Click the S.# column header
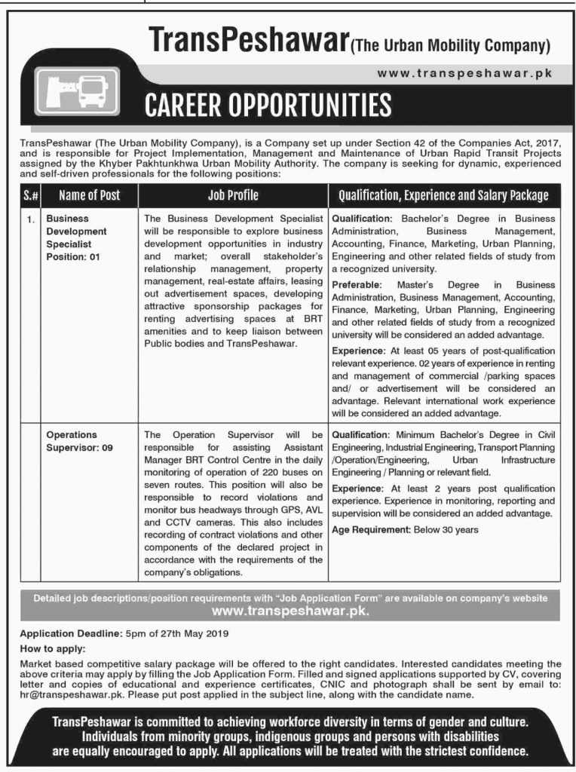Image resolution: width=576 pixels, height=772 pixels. tap(31, 195)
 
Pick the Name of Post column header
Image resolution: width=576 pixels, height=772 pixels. tap(89, 195)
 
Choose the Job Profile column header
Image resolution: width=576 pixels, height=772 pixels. tap(233, 195)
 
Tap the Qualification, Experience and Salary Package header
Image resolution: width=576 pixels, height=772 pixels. tap(443, 195)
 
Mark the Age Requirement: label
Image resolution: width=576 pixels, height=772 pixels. tap(370, 529)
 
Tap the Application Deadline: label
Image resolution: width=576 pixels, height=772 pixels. tap(65, 633)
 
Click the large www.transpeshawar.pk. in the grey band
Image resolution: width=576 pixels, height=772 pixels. tap(290, 611)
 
